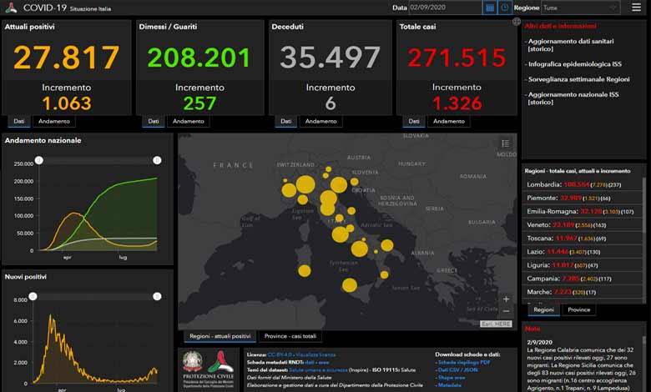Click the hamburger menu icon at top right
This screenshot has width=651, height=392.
click(x=637, y=8)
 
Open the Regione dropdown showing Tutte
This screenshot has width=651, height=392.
click(x=580, y=8)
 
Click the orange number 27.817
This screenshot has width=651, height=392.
click(x=67, y=58)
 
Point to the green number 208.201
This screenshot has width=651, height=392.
click(x=199, y=58)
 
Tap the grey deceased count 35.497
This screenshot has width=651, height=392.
click(x=331, y=58)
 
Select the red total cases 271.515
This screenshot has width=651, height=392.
click(x=457, y=58)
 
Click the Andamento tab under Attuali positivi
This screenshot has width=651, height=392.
click(x=55, y=121)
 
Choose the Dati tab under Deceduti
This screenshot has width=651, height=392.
click(x=285, y=121)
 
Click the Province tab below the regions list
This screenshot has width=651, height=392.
click(x=579, y=309)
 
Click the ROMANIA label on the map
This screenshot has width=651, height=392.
click(x=472, y=177)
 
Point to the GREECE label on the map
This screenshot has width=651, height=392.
click(x=447, y=270)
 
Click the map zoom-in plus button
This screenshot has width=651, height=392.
click(x=506, y=299)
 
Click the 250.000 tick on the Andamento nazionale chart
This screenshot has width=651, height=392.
click(x=23, y=163)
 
